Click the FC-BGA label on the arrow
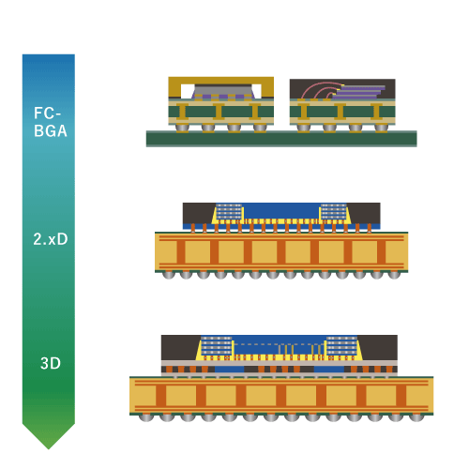(x=51, y=122)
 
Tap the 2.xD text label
(x=51, y=239)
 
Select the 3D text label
(x=51, y=363)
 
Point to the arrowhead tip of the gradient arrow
(x=49, y=449)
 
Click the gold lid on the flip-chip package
(x=221, y=81)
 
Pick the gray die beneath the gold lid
(x=224, y=91)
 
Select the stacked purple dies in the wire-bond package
(x=359, y=92)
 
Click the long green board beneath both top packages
(x=281, y=139)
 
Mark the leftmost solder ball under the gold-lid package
(x=182, y=128)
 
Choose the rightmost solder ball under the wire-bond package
(x=381, y=128)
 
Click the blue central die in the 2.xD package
(x=281, y=211)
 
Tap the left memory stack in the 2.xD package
(x=229, y=211)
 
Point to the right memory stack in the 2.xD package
(x=334, y=211)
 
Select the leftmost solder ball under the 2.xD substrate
(x=169, y=275)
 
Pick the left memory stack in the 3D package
(x=217, y=346)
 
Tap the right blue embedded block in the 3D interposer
(x=329, y=370)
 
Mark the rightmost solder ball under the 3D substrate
(x=416, y=417)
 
